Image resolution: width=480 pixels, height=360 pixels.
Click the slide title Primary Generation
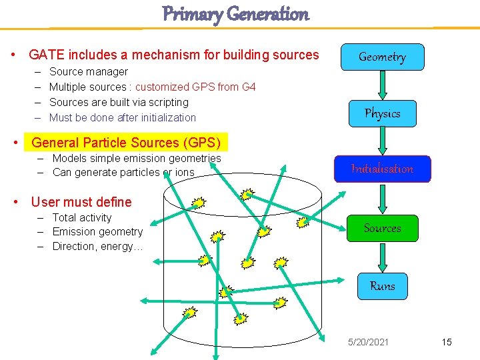(x=236, y=13)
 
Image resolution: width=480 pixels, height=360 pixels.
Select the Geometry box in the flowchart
(x=382, y=57)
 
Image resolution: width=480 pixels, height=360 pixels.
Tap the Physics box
(x=382, y=113)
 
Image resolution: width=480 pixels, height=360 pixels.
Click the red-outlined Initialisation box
(x=382, y=169)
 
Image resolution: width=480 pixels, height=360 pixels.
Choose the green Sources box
(x=382, y=228)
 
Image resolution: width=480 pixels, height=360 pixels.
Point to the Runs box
(x=382, y=286)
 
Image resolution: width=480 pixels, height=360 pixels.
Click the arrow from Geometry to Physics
(x=382, y=85)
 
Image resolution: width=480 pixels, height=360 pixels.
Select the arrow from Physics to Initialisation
(x=382, y=141)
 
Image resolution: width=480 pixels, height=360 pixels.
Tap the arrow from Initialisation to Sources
(x=382, y=199)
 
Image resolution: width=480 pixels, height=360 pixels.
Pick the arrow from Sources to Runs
(x=382, y=257)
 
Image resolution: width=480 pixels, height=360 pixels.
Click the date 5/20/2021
(x=368, y=342)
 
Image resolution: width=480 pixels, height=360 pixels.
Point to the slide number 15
(x=446, y=342)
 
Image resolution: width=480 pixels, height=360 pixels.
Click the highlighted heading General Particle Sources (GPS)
(x=125, y=142)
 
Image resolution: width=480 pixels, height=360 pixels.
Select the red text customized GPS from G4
(x=195, y=87)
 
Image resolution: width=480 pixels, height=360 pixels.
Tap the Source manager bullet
(x=89, y=71)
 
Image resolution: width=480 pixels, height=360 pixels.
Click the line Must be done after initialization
(x=123, y=117)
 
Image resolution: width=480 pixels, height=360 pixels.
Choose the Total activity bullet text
(x=82, y=217)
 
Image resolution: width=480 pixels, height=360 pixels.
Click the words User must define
(x=81, y=202)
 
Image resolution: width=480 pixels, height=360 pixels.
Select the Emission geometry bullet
(x=97, y=232)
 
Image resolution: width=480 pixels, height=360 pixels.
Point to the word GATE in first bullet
(x=46, y=55)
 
